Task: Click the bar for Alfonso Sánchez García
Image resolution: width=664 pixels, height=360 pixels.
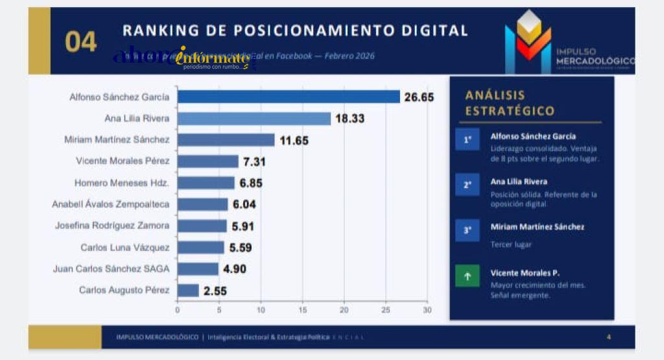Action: click(x=289, y=97)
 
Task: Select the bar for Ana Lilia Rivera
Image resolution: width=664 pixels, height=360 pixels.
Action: click(x=254, y=118)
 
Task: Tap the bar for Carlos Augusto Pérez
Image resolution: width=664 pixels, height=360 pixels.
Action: click(x=188, y=290)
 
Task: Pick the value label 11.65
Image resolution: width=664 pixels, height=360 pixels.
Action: click(x=294, y=140)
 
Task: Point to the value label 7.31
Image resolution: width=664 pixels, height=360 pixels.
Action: click(x=255, y=162)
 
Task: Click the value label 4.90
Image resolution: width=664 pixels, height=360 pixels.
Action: click(x=234, y=269)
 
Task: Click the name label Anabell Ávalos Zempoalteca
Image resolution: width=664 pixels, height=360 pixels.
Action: click(x=110, y=204)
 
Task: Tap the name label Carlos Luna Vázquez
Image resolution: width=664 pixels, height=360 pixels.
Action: click(x=125, y=247)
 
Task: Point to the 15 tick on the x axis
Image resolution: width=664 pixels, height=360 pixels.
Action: click(x=302, y=310)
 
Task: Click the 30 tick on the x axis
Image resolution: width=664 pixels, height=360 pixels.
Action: click(x=427, y=310)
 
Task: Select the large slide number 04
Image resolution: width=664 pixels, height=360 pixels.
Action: click(x=80, y=42)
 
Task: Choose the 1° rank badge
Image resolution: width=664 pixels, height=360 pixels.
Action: click(x=467, y=139)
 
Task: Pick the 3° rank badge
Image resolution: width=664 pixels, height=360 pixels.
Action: click(x=467, y=230)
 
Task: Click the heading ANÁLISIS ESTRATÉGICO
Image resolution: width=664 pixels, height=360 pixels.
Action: click(x=510, y=103)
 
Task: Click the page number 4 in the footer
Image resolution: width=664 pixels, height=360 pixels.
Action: click(x=608, y=337)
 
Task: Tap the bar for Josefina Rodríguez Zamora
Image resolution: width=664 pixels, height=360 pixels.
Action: click(x=202, y=226)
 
